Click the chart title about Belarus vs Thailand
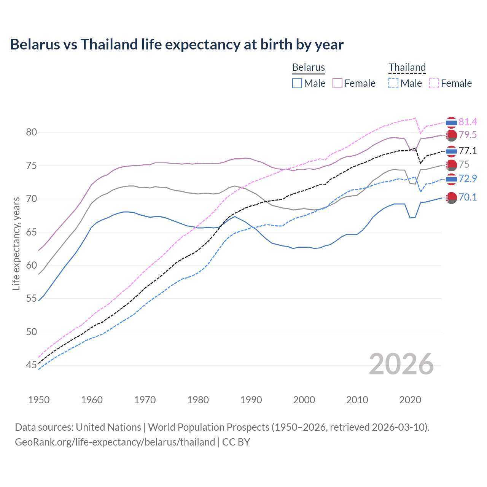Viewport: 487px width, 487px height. coord(177,45)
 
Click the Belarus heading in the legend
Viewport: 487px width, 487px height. coord(308,67)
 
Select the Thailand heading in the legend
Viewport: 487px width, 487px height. coord(407,67)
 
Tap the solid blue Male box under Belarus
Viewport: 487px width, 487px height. coord(297,83)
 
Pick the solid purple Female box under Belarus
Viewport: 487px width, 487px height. coord(337,83)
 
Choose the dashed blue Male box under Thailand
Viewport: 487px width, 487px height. coord(394,83)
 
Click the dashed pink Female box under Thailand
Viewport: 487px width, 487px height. coord(434,83)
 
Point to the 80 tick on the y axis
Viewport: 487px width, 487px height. coord(32,132)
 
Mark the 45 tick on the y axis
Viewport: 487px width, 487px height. coord(32,365)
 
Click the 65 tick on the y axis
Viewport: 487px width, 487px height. coord(32,232)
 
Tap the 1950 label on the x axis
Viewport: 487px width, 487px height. coord(39,400)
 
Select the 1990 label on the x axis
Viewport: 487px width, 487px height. coord(251,400)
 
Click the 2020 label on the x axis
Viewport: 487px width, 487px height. coord(410,400)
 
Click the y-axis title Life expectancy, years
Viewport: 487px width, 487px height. coord(16,243)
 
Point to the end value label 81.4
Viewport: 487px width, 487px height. coord(468,122)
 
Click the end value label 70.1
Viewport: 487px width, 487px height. coord(468,197)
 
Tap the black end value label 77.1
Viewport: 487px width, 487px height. coord(468,151)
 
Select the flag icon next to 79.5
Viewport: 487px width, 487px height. coord(451,135)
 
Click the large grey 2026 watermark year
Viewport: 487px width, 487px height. coord(401,364)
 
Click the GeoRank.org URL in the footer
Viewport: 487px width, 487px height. coord(115,442)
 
